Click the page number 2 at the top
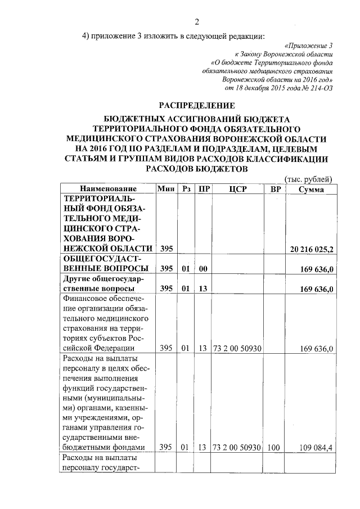pos(197,22)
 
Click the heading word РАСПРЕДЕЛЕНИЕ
pos(196,105)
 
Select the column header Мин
pos(166,189)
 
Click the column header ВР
pos(275,189)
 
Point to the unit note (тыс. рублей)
pos(310,179)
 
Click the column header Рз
pos(187,189)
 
